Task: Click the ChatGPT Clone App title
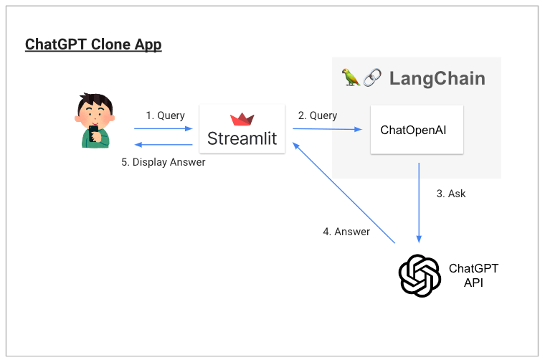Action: click(x=93, y=44)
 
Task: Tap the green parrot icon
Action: click(x=351, y=77)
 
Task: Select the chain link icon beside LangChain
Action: click(x=372, y=77)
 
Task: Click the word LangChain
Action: click(x=437, y=79)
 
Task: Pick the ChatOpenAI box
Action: click(x=417, y=130)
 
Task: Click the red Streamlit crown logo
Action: click(x=242, y=119)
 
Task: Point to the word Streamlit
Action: click(x=242, y=138)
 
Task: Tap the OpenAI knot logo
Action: click(x=420, y=275)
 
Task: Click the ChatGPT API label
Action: click(x=473, y=275)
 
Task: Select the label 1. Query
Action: click(x=166, y=115)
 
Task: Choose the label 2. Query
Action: click(x=318, y=115)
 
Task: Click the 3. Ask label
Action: click(x=451, y=194)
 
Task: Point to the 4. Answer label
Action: click(x=346, y=232)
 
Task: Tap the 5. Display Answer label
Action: click(x=164, y=162)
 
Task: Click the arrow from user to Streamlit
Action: click(x=164, y=128)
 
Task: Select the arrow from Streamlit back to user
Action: click(x=164, y=145)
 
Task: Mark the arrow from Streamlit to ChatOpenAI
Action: click(x=327, y=129)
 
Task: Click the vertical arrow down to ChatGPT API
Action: click(x=419, y=202)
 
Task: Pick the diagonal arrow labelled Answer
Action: click(x=344, y=193)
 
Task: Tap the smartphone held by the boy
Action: click(x=93, y=133)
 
